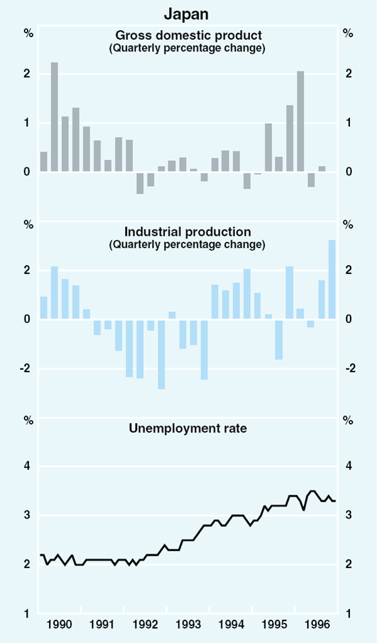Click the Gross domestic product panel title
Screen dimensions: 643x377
[x=187, y=35]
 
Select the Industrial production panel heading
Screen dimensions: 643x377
[x=187, y=232]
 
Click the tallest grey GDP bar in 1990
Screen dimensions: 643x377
[x=55, y=116]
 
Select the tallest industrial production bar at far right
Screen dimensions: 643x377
[x=332, y=279]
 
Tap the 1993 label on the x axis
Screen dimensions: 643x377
[x=188, y=625]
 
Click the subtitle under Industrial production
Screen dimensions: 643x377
[x=187, y=244]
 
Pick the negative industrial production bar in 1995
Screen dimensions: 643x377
[x=279, y=339]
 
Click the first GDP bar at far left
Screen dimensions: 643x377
[x=44, y=161]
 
